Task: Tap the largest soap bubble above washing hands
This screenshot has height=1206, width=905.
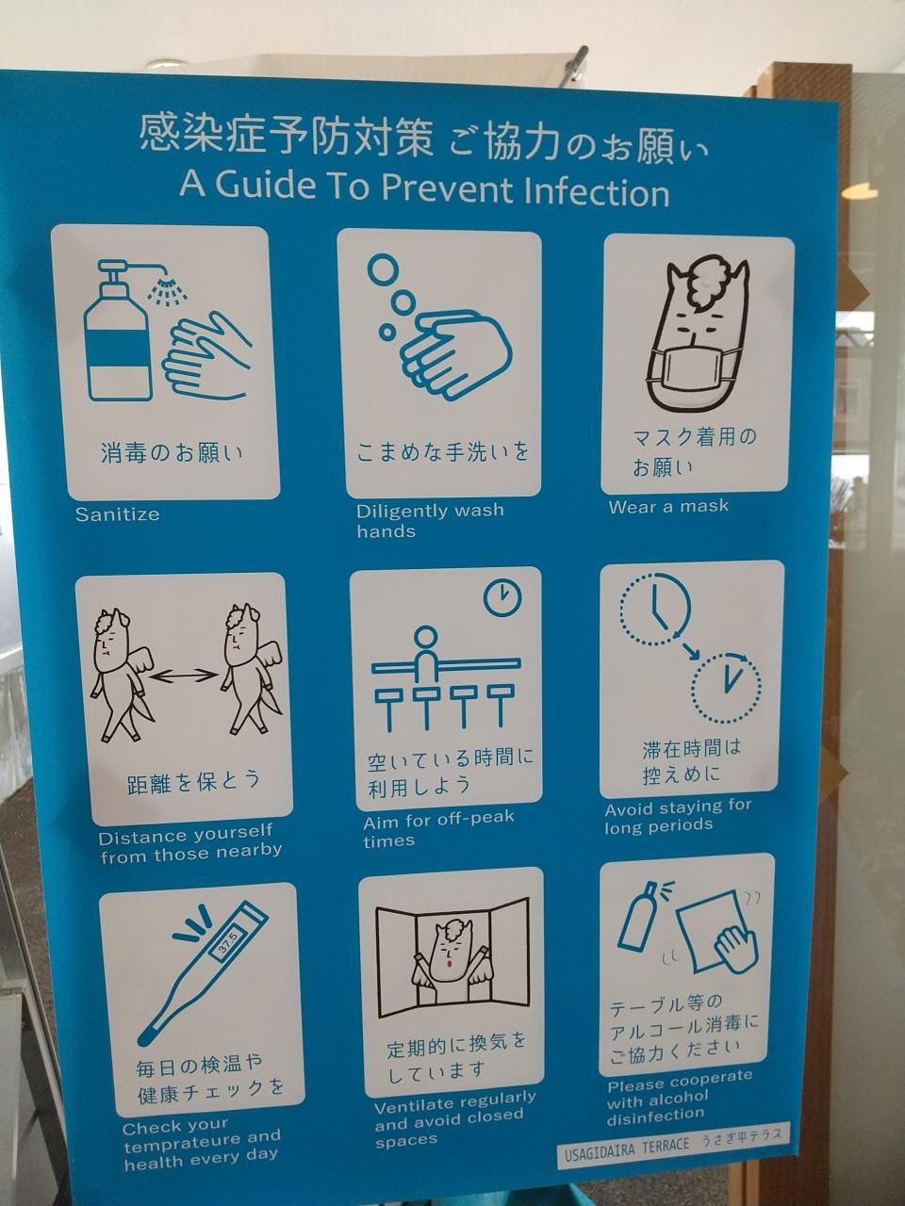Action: pyautogui.click(x=382, y=269)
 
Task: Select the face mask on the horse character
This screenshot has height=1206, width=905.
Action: pyautogui.click(x=691, y=370)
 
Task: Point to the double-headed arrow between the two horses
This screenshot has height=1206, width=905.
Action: pyautogui.click(x=184, y=676)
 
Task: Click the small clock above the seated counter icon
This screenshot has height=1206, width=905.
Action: pyautogui.click(x=502, y=597)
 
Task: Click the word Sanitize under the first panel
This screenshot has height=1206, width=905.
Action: pyautogui.click(x=118, y=514)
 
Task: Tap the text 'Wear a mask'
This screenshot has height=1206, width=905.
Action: pyautogui.click(x=668, y=507)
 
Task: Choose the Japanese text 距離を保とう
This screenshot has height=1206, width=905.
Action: pyautogui.click(x=193, y=781)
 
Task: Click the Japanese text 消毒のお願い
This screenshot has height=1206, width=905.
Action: pyautogui.click(x=172, y=454)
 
